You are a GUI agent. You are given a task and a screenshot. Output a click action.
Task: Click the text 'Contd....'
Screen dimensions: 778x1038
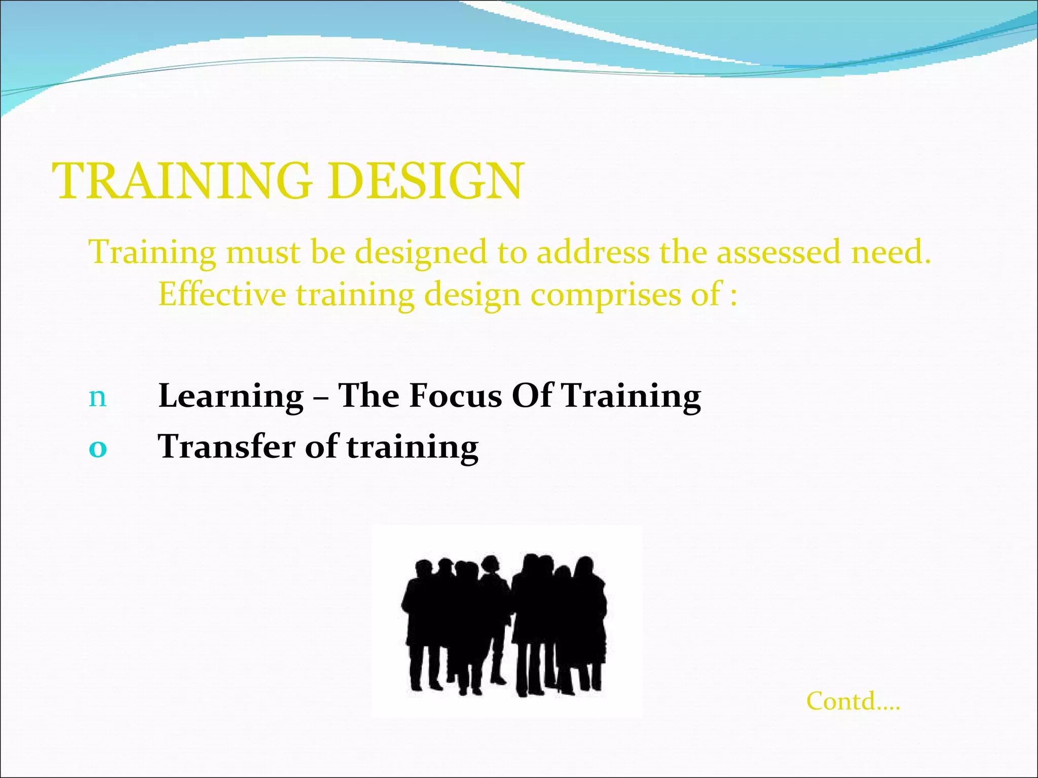click(853, 702)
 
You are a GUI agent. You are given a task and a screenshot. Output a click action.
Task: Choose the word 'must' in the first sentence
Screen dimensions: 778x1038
click(263, 252)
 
